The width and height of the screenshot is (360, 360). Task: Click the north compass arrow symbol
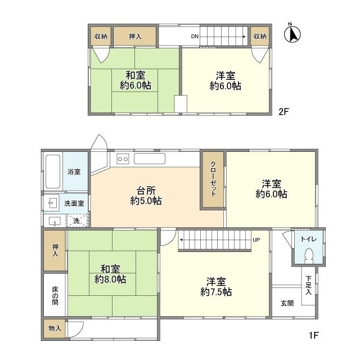point(292,34)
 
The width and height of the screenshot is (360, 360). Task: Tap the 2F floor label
point(283,111)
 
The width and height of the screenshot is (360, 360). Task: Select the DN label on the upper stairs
point(195,37)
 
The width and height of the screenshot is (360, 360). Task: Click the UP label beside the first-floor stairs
point(256,240)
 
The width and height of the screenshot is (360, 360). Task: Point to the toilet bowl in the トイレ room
point(308,256)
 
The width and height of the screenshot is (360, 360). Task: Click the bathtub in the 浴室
point(52,171)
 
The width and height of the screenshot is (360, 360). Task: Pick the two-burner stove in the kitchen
point(123,159)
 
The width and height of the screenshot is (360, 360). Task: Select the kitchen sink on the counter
point(149,159)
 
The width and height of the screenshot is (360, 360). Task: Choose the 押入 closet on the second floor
point(135,36)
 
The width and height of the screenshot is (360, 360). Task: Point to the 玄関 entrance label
point(287,303)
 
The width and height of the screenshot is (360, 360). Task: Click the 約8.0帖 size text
point(110,279)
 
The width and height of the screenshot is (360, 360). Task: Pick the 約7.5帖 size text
point(216,292)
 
